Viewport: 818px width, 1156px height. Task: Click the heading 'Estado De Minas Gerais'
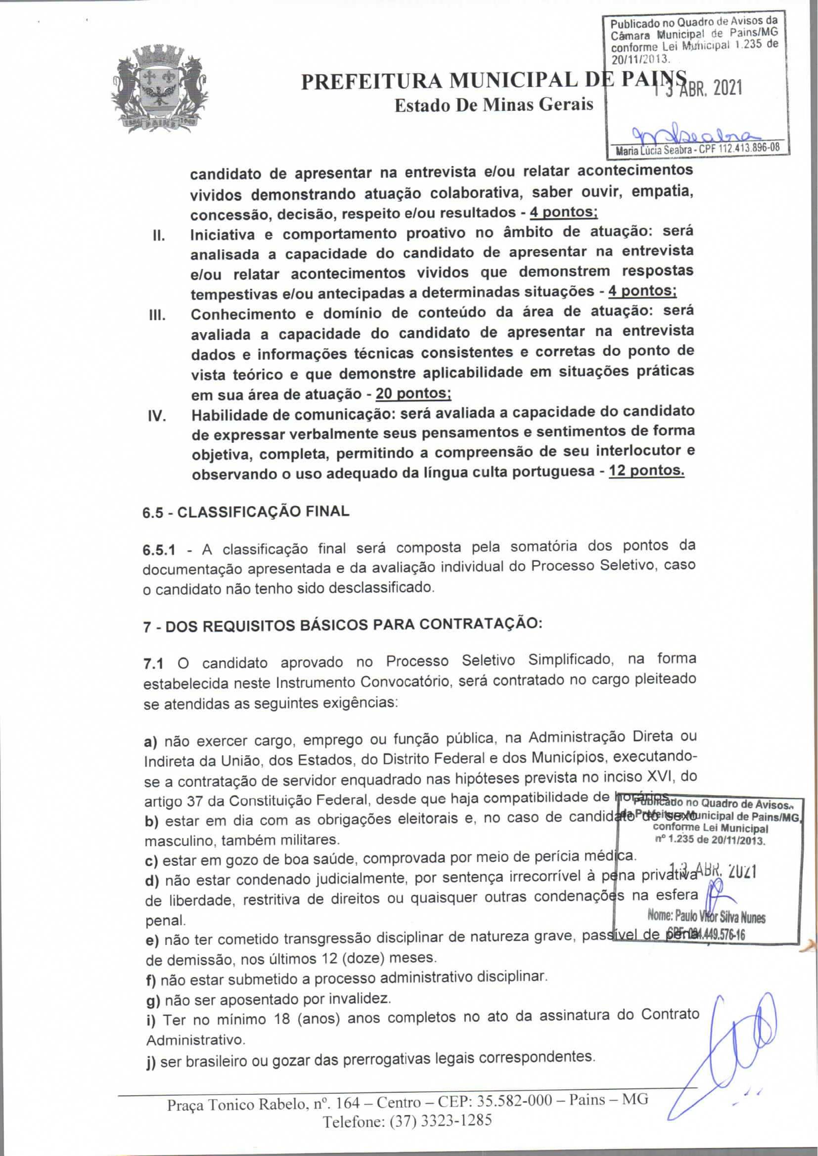[x=494, y=105]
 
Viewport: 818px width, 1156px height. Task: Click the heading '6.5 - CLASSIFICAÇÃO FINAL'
[x=246, y=512]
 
